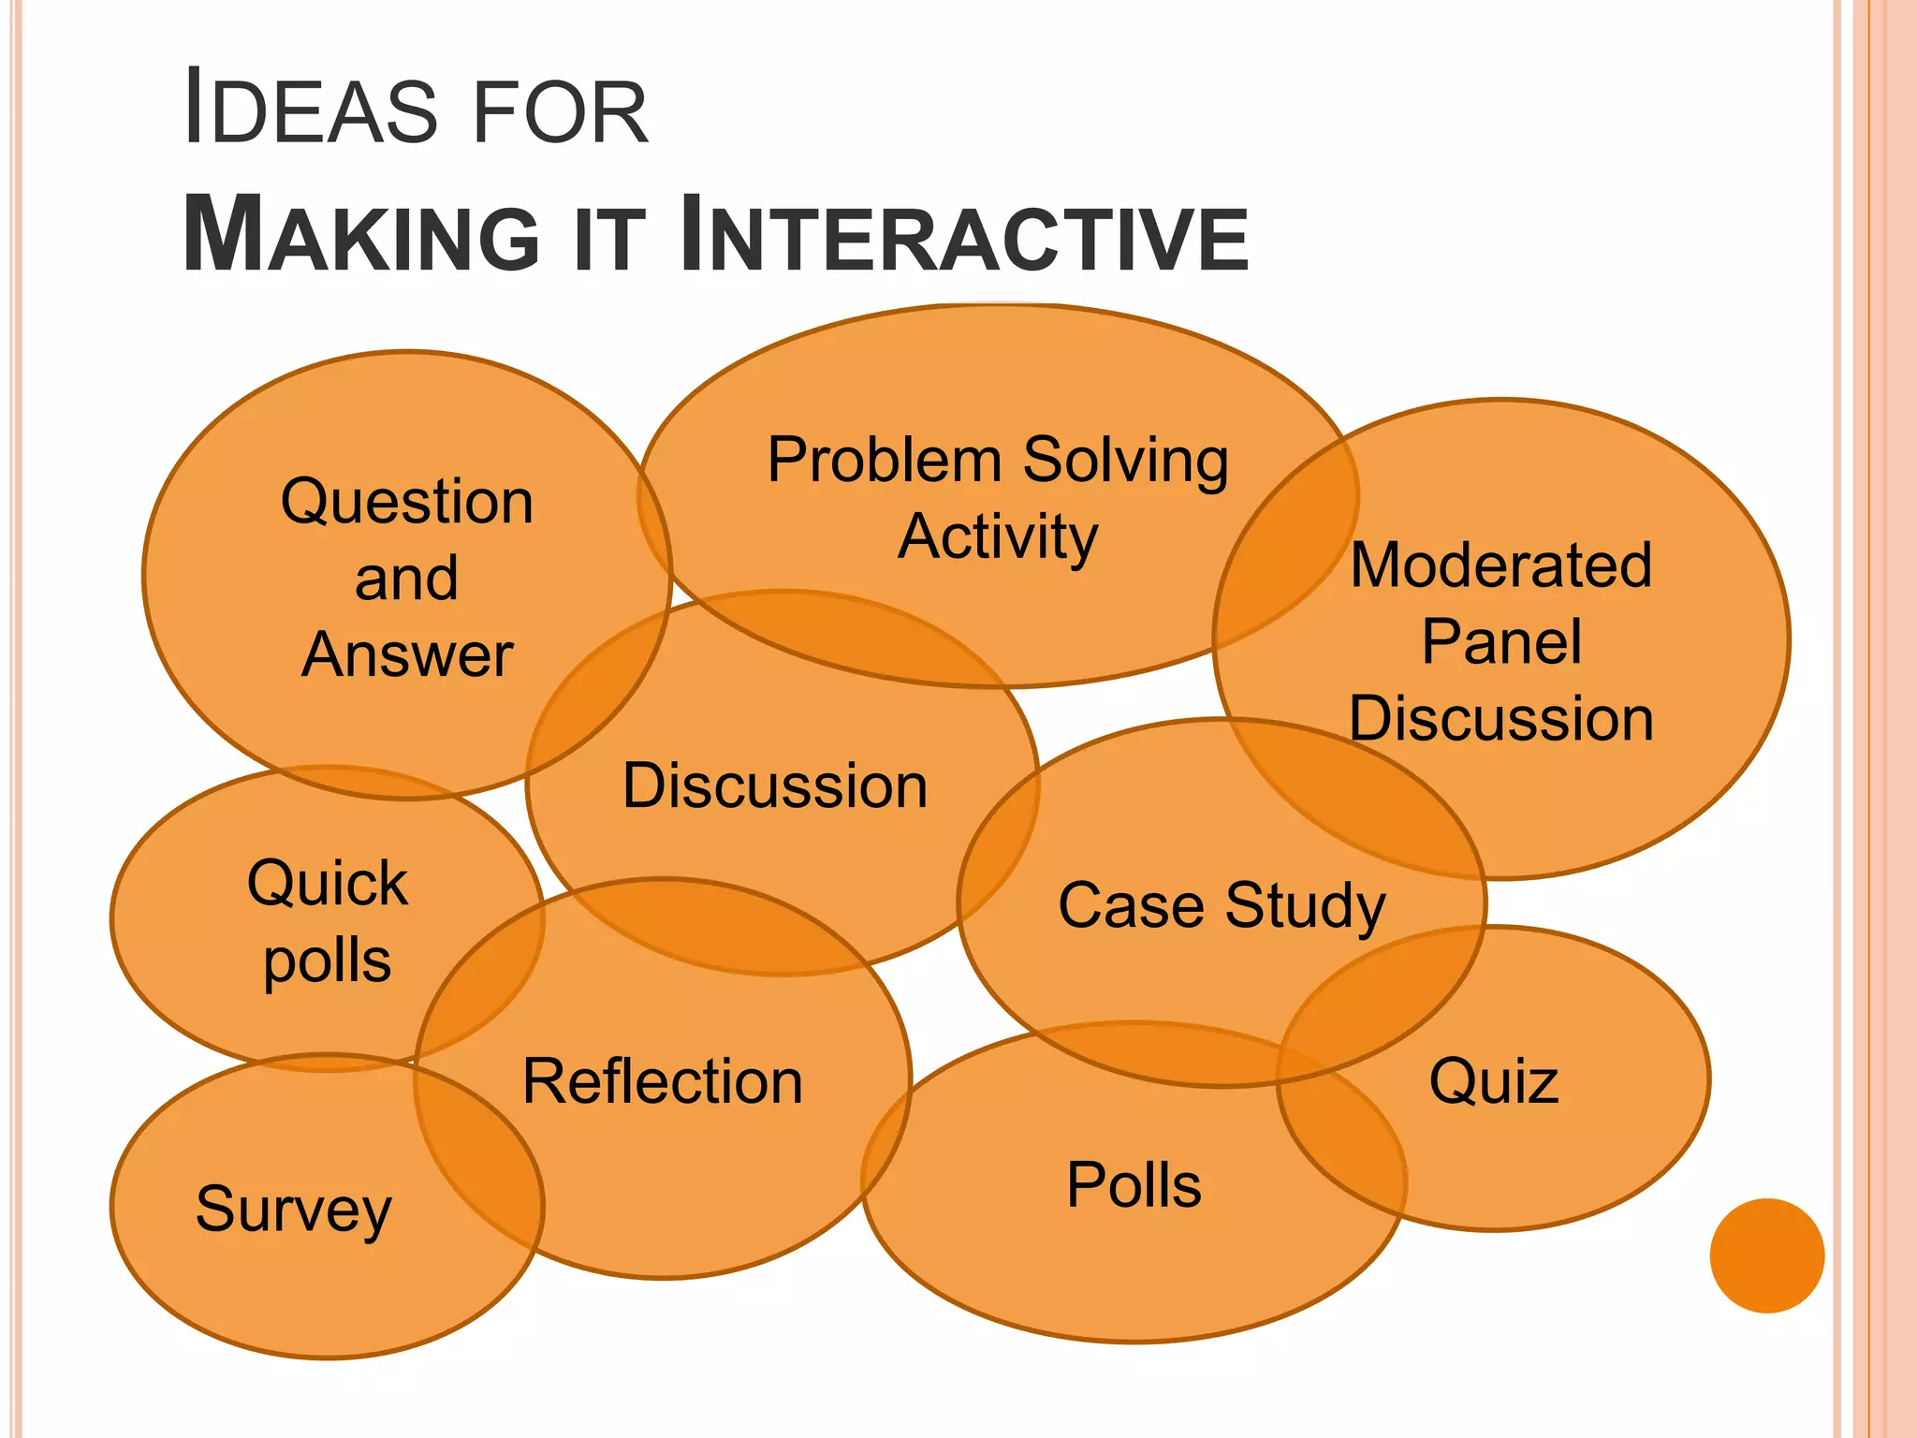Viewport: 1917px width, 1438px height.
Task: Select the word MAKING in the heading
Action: pos(361,235)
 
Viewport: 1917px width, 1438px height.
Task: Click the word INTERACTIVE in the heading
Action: pos(964,235)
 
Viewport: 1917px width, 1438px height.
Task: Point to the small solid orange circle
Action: pos(1766,1255)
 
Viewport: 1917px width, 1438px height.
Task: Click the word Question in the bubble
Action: pos(407,503)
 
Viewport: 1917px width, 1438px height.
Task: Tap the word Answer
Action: pos(407,654)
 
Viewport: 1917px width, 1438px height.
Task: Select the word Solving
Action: pos(1125,462)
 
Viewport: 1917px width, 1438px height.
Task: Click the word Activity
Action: pos(998,537)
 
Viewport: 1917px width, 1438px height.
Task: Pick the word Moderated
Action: pos(1501,565)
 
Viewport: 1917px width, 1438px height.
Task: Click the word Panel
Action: pos(1501,642)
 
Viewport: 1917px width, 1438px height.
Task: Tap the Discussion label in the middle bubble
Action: pos(775,785)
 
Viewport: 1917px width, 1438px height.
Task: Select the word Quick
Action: pos(328,884)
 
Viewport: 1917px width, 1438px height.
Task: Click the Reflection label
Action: pos(663,1081)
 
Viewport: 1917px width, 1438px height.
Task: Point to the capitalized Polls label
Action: pos(1134,1185)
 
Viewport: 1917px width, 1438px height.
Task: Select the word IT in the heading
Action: pos(608,240)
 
